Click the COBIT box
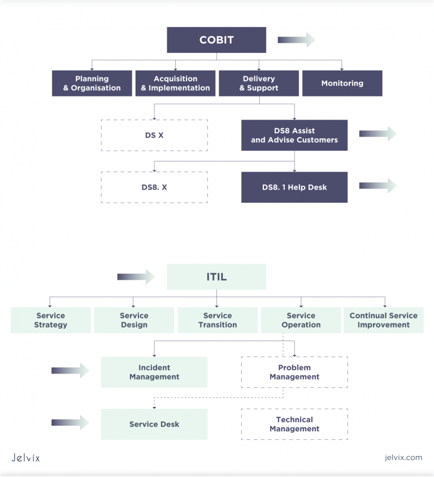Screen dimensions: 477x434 pyautogui.click(x=216, y=40)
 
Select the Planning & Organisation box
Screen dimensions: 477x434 pyautogui.click(x=92, y=84)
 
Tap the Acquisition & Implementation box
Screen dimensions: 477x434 pyautogui.click(x=175, y=84)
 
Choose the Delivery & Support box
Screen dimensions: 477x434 pyautogui.click(x=259, y=84)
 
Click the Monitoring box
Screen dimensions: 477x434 pyautogui.click(x=342, y=84)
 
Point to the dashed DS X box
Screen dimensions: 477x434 pyautogui.click(x=154, y=135)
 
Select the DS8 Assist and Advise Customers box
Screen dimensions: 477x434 pyautogui.click(x=294, y=135)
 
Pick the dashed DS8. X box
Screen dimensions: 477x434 pyautogui.click(x=154, y=187)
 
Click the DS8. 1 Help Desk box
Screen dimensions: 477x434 pyautogui.click(x=294, y=187)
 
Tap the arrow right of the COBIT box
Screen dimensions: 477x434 pyautogui.click(x=296, y=40)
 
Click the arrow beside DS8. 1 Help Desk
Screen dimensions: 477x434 pyautogui.click(x=378, y=186)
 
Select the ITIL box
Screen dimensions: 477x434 pyautogui.click(x=216, y=277)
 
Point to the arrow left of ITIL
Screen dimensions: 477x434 pyautogui.click(x=136, y=277)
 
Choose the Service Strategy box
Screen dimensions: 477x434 pyautogui.click(x=51, y=321)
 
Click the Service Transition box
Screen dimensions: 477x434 pyautogui.click(x=218, y=321)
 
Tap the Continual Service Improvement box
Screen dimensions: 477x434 pyautogui.click(x=384, y=321)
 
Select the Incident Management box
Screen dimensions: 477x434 pyautogui.click(x=154, y=373)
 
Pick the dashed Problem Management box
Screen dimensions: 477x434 pyautogui.click(x=294, y=373)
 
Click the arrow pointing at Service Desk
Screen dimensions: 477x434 pyautogui.click(x=70, y=423)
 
